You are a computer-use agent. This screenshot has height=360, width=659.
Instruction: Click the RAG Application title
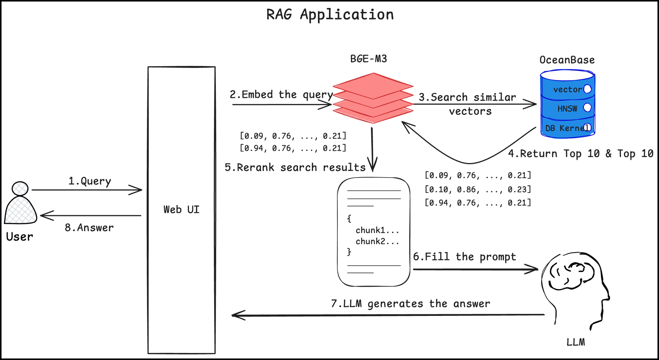pos(330,15)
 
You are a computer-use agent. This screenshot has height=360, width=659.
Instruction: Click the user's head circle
pos(20,188)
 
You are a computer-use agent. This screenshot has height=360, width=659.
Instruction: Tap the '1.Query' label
pos(90,181)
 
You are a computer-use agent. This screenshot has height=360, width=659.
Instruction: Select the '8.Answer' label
pos(89,228)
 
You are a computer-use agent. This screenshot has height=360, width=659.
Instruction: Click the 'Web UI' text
pos(181,209)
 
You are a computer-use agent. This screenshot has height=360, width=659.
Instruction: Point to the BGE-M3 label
pos(368,59)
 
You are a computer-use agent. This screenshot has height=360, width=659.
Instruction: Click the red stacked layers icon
pos(373,98)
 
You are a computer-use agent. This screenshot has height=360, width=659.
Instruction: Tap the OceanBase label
pos(567,60)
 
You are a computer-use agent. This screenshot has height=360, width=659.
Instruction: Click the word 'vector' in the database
pos(567,90)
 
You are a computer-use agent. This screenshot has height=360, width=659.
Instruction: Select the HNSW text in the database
pos(567,109)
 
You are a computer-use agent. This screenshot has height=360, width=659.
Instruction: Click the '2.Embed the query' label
pos(281,95)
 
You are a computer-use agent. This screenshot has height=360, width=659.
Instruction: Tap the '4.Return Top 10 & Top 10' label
pos(581,154)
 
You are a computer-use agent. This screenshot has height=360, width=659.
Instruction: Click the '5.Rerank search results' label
pos(295,168)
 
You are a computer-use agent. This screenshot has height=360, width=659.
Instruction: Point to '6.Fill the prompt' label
pos(464,257)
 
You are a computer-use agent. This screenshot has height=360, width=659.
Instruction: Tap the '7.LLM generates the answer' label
pos(410,304)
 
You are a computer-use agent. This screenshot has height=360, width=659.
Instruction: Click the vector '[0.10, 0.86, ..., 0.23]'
pos(478,189)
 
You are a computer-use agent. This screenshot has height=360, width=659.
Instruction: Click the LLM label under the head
pos(576,342)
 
